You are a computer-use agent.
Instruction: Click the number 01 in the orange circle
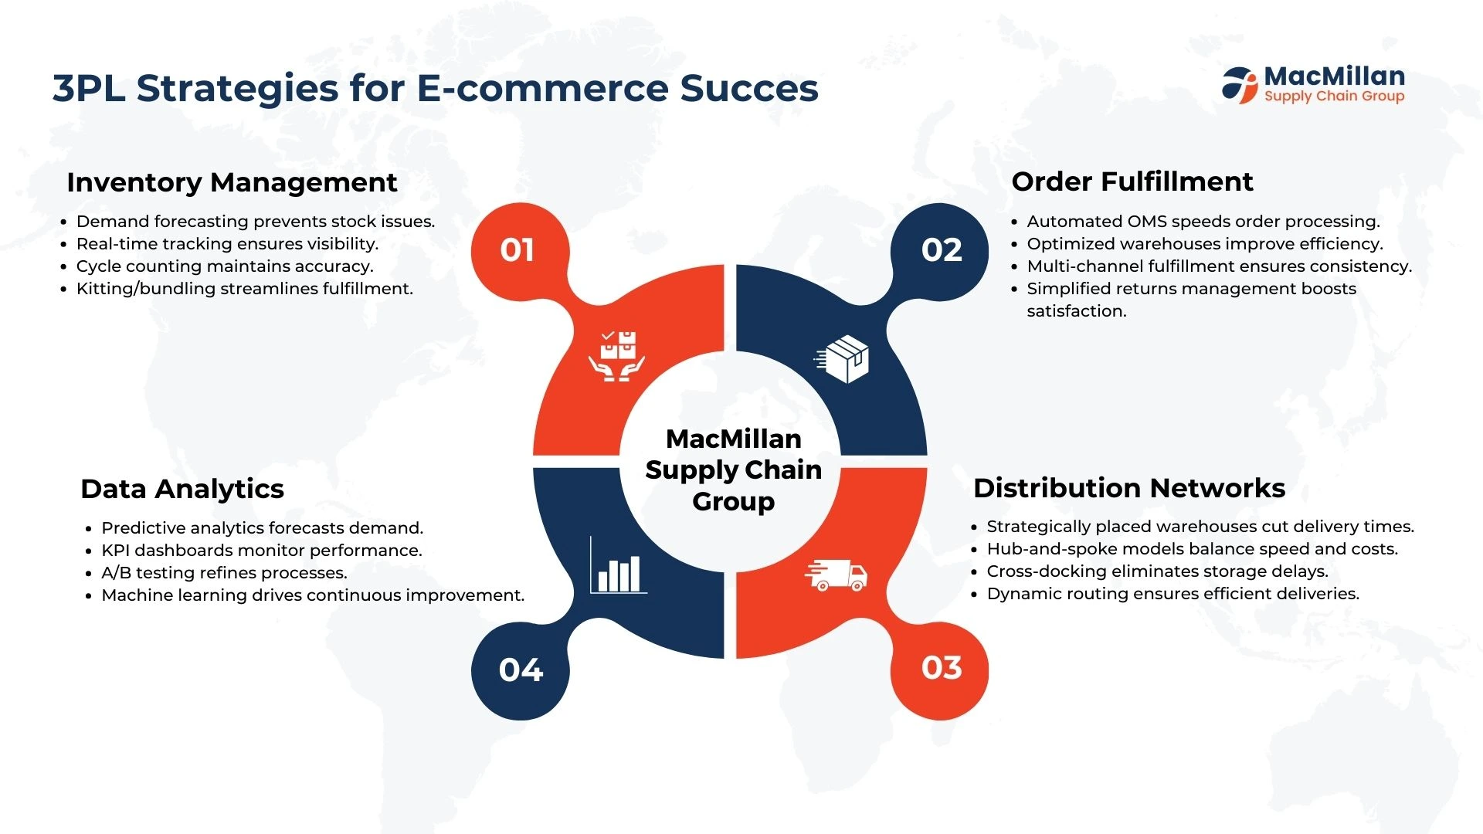(517, 249)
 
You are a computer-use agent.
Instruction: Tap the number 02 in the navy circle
(942, 249)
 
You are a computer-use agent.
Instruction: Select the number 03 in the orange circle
(942, 667)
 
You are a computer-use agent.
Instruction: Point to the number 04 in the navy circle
(521, 670)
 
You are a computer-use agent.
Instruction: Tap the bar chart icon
(618, 565)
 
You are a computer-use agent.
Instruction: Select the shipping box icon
(843, 359)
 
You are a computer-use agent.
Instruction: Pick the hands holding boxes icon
(616, 356)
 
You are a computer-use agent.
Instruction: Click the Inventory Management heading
(232, 182)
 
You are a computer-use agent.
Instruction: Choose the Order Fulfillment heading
(1132, 181)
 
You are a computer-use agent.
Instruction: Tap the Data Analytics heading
(182, 489)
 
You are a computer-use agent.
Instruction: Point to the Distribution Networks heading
(1129, 488)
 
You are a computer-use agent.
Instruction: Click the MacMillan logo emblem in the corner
(1240, 85)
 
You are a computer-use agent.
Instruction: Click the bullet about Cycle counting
(225, 266)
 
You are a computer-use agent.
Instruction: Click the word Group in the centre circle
(733, 502)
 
